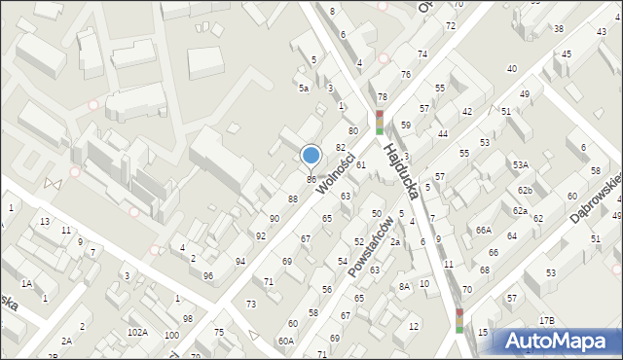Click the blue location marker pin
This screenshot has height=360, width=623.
pos(311,156)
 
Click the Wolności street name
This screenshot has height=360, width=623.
pos(334,170)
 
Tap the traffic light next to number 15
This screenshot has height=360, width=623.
pos(459,320)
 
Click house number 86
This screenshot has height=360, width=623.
pos(311,179)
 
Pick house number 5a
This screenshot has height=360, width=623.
pos(304,89)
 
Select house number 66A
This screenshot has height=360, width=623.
pos(484,231)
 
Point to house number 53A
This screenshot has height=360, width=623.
pos(521,165)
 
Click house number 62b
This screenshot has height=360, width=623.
pos(525,190)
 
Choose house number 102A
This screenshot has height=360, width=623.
pos(137,333)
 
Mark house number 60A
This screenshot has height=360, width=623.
pos(285,341)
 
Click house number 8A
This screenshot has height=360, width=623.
pos(404,286)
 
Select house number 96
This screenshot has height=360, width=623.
pos(207,275)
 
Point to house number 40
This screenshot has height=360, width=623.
pos(512,68)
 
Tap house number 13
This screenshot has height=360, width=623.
pos(45,222)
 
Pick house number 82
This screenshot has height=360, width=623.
pos(341,147)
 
